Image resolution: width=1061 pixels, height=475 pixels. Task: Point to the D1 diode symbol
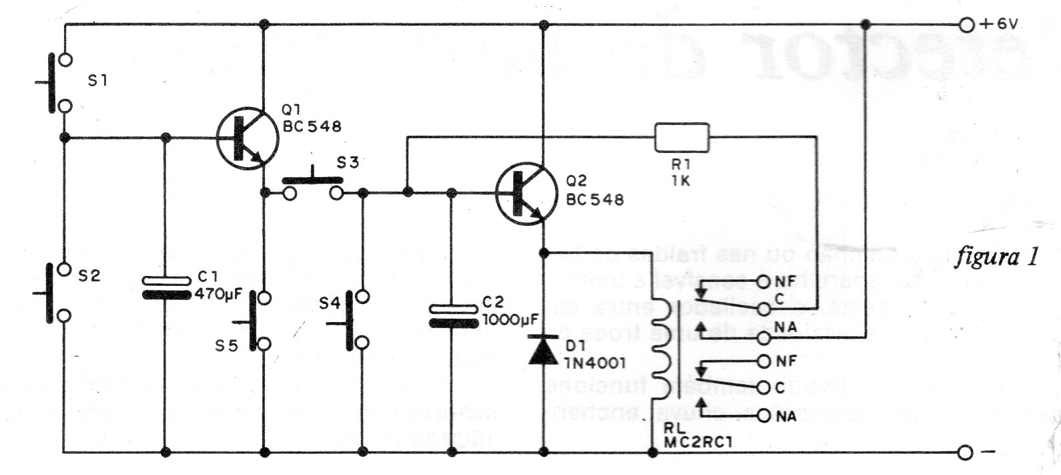tap(543, 350)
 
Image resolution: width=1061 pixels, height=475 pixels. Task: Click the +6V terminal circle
tap(965, 25)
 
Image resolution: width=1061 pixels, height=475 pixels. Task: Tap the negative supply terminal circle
tap(965, 453)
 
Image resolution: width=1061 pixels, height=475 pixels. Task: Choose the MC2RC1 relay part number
tap(693, 442)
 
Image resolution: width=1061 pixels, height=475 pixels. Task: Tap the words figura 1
tap(996, 257)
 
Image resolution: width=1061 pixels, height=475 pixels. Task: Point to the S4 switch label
tap(328, 303)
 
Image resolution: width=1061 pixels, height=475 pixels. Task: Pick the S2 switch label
tap(89, 275)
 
